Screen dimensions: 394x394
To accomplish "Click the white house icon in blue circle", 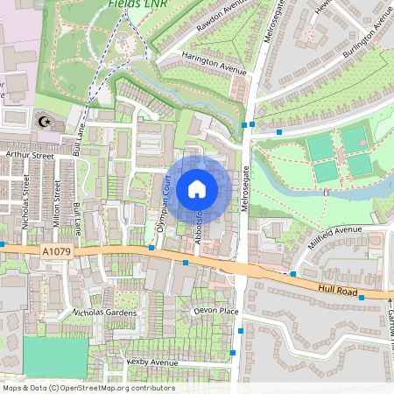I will pyautogui.click(x=197, y=188).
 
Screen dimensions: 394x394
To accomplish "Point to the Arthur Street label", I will pyautogui.click(x=30, y=156).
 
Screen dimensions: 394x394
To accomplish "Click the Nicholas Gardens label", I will pyautogui.click(x=104, y=312).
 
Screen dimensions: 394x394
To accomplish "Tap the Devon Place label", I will pyautogui.click(x=217, y=311).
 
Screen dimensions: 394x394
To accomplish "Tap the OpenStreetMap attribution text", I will pyautogui.click(x=88, y=387).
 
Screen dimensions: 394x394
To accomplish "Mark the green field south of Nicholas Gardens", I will pyautogui.click(x=55, y=357).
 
